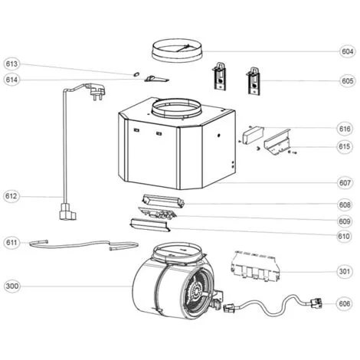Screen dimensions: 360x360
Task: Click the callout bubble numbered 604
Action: click(348, 51)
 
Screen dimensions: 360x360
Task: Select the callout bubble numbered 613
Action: click(11, 64)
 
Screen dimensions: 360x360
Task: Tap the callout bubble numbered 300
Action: click(12, 286)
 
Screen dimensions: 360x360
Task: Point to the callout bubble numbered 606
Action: click(345, 303)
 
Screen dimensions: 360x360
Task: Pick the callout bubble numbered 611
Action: click(11, 242)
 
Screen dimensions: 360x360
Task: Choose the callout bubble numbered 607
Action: click(345, 182)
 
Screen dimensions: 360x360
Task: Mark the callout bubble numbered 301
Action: click(345, 271)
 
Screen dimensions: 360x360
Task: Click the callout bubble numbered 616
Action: click(345, 129)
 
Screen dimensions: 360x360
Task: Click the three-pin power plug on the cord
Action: click(95, 91)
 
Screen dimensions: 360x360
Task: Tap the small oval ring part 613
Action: click(136, 74)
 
